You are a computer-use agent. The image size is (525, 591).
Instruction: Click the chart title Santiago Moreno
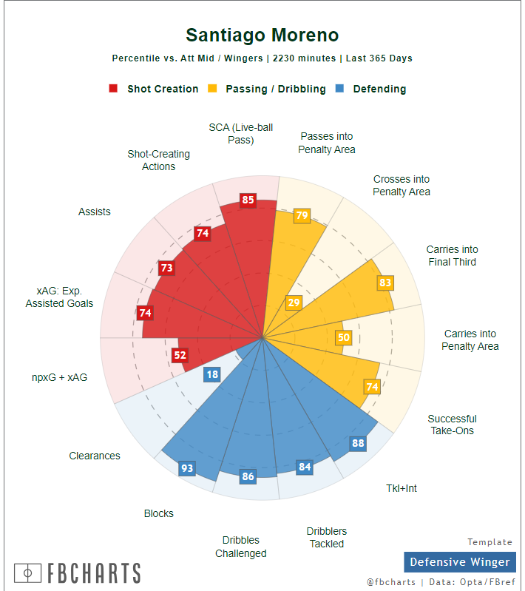tap(262, 36)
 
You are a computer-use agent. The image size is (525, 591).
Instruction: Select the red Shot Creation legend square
tap(113, 89)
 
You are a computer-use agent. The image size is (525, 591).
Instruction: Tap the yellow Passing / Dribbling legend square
tap(212, 89)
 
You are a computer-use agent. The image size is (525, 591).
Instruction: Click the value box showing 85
tap(248, 200)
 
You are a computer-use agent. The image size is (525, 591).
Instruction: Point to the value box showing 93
tap(187, 468)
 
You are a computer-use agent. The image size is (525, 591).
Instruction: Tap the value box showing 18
tap(212, 374)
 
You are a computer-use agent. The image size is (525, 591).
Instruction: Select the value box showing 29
tap(294, 303)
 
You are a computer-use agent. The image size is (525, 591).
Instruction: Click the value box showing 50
tap(343, 337)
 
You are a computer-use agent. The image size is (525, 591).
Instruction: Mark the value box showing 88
tap(358, 444)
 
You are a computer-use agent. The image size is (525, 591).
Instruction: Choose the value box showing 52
tap(180, 355)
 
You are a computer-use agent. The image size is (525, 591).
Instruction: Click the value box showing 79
tap(302, 216)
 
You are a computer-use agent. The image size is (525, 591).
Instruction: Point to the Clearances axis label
tap(95, 456)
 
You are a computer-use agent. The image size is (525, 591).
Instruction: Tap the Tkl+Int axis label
tap(402, 488)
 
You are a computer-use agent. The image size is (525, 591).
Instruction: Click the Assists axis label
tap(95, 212)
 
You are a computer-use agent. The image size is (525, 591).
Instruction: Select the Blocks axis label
tap(159, 513)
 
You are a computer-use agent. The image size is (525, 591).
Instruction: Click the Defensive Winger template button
tap(459, 562)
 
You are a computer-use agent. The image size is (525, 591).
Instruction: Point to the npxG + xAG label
tap(59, 377)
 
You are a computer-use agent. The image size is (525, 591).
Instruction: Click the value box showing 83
tap(385, 283)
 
